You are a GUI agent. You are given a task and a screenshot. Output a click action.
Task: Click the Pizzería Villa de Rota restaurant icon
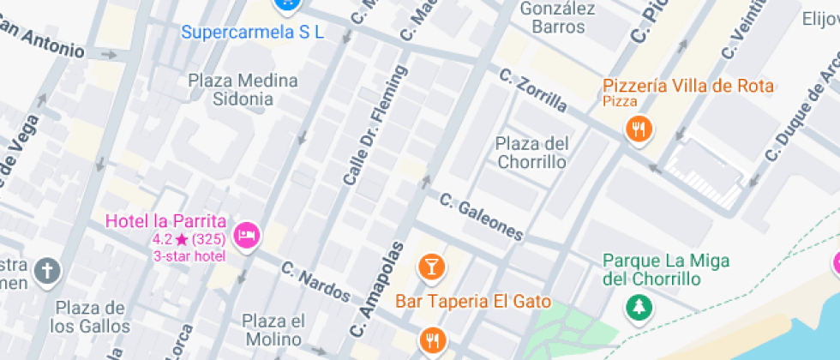click(639, 130)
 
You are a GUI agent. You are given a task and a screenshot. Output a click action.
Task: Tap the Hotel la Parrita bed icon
click(248, 235)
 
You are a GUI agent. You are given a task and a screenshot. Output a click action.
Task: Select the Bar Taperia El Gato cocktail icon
click(431, 267)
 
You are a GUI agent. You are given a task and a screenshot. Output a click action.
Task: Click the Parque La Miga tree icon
click(639, 306)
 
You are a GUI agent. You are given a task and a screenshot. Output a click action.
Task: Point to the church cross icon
click(48, 273)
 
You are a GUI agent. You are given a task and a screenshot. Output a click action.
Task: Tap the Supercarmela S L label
click(253, 32)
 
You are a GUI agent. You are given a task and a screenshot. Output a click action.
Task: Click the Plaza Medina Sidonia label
click(243, 90)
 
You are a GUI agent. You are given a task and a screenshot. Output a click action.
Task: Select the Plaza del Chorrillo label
click(531, 152)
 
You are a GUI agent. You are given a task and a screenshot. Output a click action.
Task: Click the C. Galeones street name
click(481, 217)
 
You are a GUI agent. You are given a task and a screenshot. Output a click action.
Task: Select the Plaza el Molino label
click(273, 330)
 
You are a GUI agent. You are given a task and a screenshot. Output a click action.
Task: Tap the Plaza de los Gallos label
click(90, 317)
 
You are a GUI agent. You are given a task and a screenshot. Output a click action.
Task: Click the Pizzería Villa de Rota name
click(688, 86)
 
